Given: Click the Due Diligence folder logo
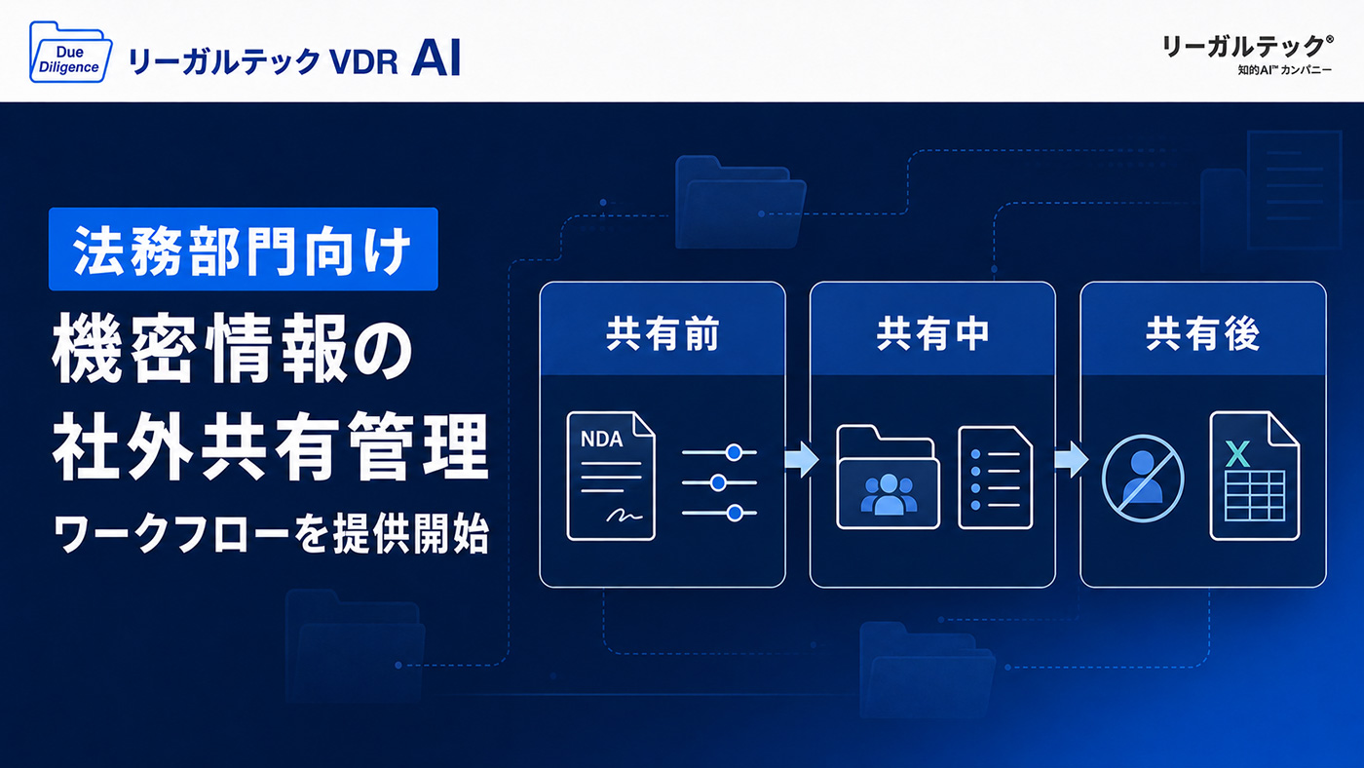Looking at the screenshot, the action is [x=70, y=53].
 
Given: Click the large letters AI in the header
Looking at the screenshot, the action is [x=436, y=58].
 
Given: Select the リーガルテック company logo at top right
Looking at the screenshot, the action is [x=1245, y=55].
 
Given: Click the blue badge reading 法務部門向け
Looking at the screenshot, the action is [x=243, y=250].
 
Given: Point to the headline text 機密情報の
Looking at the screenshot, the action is [x=232, y=349].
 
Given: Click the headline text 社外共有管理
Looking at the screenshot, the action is [x=271, y=445].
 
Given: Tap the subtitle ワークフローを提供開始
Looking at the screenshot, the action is [x=271, y=533].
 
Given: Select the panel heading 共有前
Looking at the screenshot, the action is [x=663, y=333].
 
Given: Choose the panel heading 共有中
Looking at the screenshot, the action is [x=932, y=333].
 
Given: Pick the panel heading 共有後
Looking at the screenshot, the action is [x=1202, y=333].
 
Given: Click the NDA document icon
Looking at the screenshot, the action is [x=611, y=476].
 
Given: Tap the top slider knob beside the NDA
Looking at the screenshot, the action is [x=735, y=452].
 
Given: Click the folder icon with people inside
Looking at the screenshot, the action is [x=888, y=477].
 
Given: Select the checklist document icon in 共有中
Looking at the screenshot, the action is [x=995, y=478].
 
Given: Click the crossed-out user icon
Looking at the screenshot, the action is [x=1142, y=479].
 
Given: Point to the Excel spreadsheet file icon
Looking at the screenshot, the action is [x=1255, y=476].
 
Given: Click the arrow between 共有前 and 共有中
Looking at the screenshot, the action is [x=801, y=459].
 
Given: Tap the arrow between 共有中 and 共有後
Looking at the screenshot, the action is [x=1071, y=459].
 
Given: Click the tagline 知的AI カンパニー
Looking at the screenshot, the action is [x=1284, y=70].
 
